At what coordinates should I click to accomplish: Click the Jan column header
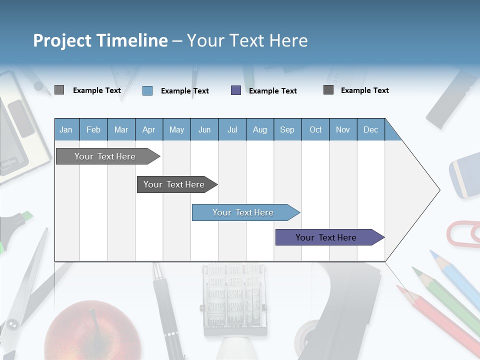[66, 129]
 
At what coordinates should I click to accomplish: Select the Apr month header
[148, 129]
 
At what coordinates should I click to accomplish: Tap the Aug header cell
[259, 129]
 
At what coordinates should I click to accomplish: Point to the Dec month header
[370, 129]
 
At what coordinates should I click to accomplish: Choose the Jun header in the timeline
[204, 129]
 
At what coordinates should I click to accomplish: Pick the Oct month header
[315, 129]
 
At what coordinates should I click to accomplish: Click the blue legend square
[147, 90]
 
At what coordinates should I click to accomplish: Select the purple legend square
[236, 90]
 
